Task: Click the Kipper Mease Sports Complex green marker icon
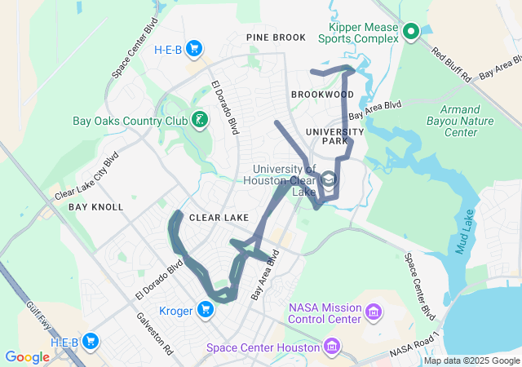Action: (x=411, y=32)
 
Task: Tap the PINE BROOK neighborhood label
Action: (x=276, y=38)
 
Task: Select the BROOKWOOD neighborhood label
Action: (x=322, y=95)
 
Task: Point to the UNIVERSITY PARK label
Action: (x=334, y=136)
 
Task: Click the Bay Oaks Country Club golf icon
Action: (x=199, y=122)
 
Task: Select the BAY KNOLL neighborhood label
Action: (x=95, y=207)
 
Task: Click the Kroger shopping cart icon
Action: (x=206, y=310)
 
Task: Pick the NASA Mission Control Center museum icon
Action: (x=374, y=312)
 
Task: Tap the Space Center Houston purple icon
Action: (x=331, y=347)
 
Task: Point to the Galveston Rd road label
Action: (x=154, y=332)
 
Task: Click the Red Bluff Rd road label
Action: (x=451, y=62)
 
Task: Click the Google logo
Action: (x=27, y=357)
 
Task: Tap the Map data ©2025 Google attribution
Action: (x=471, y=360)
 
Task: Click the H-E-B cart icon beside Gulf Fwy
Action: (x=89, y=342)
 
